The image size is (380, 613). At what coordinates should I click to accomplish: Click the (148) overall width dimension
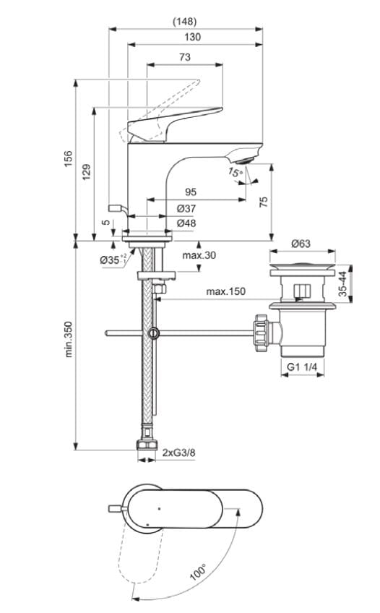click(186, 21)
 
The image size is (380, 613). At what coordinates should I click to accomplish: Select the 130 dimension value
click(192, 37)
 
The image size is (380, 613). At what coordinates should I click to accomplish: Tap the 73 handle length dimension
click(185, 57)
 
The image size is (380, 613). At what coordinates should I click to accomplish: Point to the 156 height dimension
click(69, 159)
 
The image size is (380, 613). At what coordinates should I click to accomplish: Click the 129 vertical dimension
click(87, 172)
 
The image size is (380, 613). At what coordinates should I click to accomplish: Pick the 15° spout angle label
click(234, 173)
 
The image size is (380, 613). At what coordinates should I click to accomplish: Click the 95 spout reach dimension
click(191, 192)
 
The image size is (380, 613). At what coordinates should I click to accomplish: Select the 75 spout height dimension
click(264, 202)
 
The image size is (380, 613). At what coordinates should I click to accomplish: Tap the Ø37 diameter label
click(186, 208)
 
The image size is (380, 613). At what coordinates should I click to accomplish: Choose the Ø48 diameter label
click(186, 223)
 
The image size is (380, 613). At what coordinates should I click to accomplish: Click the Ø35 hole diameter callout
click(113, 259)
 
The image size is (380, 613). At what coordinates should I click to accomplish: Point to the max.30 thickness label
click(199, 255)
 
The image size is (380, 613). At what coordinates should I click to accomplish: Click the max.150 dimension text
click(225, 291)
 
